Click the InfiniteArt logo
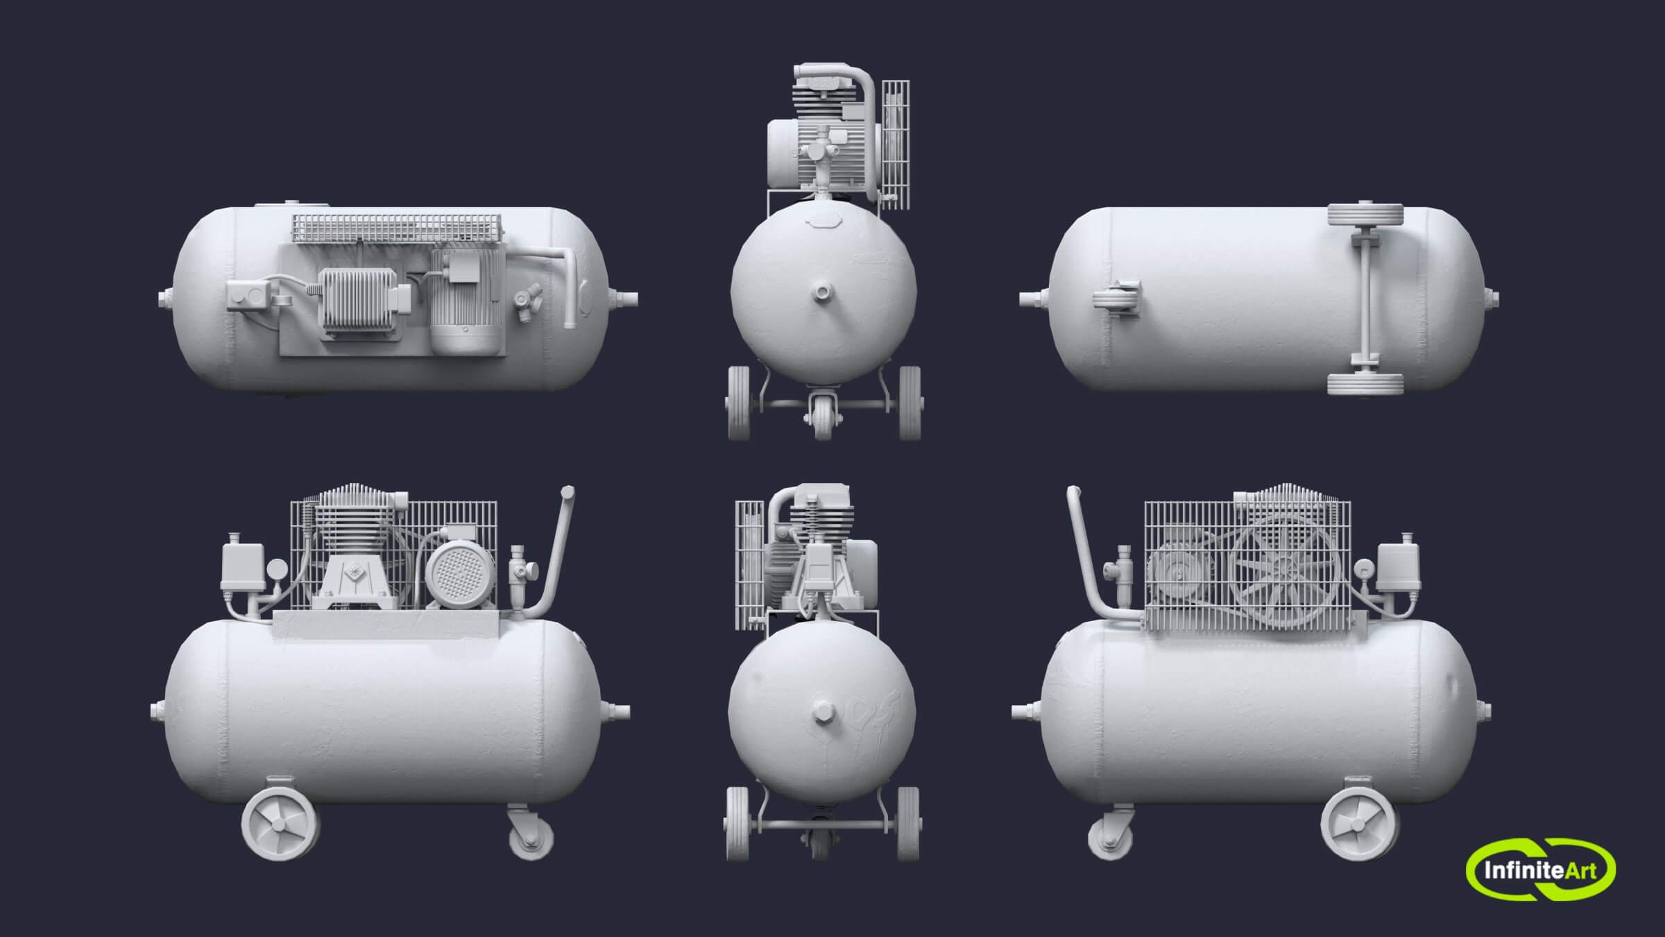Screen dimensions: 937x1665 click(x=1540, y=869)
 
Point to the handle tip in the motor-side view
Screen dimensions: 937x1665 click(x=567, y=493)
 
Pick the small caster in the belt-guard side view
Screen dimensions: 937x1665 click(x=1110, y=839)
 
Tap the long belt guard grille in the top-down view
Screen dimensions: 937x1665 click(x=397, y=228)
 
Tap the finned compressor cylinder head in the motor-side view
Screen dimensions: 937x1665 click(x=352, y=524)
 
